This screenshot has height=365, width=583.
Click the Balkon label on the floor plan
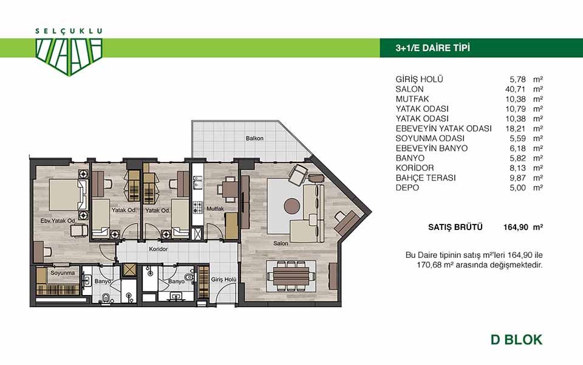(254, 138)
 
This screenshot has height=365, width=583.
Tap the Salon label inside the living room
(281, 243)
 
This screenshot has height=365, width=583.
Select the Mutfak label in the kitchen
(215, 209)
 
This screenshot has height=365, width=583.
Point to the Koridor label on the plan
(159, 249)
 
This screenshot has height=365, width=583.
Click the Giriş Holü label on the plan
(224, 279)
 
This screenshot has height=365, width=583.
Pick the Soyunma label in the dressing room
(63, 273)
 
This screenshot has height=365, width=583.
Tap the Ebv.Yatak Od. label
(58, 221)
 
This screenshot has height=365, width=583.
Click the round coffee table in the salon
(292, 206)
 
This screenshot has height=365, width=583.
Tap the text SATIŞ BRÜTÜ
(455, 226)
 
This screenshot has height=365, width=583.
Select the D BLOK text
(516, 339)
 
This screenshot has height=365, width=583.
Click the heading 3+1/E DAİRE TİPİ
(433, 47)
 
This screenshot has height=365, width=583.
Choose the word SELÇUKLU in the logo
(69, 31)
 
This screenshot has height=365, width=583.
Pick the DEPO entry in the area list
(407, 188)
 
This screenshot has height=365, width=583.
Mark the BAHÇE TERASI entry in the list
(426, 178)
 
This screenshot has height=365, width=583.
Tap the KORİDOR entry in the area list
(415, 168)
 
